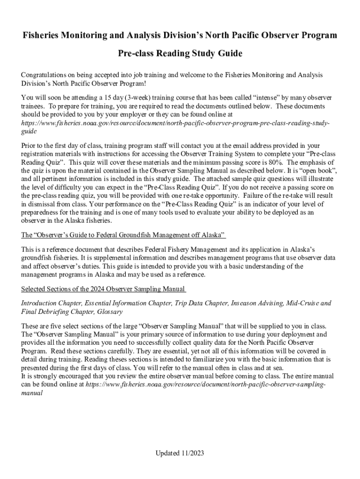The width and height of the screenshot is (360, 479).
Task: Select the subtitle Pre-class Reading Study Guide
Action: (180, 54)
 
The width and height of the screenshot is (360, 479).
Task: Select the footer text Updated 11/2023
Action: (180, 453)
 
